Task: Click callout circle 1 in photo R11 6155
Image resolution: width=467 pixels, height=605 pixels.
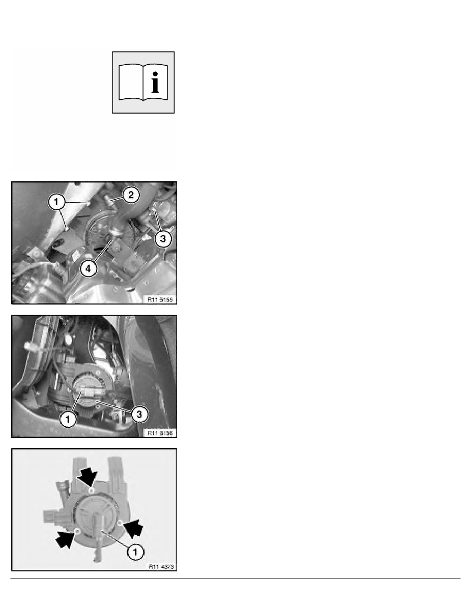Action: click(x=57, y=202)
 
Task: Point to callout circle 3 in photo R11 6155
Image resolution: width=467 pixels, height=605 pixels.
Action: click(x=162, y=239)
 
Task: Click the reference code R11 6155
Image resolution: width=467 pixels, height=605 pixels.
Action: click(x=160, y=300)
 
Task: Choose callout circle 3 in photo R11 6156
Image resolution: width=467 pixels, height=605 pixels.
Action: click(x=139, y=415)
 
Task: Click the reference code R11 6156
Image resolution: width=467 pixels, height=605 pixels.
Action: click(x=160, y=433)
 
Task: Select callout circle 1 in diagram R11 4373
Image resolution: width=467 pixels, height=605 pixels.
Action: click(x=136, y=549)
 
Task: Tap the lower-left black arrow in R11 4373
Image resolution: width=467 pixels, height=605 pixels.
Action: click(x=64, y=538)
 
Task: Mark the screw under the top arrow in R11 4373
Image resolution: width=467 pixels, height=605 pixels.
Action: click(x=91, y=489)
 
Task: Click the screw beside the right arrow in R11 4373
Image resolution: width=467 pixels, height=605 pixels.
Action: click(x=120, y=522)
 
